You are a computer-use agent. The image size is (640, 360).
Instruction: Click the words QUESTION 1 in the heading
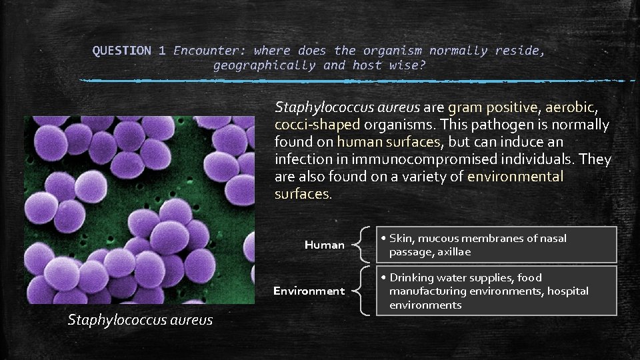[129, 51]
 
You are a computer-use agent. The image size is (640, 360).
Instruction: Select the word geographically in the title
[264, 65]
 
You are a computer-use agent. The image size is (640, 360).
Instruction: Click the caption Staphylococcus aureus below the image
[140, 320]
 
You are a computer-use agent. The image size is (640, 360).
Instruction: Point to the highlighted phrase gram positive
[492, 107]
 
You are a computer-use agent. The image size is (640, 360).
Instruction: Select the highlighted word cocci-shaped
[317, 125]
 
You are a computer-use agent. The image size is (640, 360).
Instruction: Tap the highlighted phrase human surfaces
[388, 142]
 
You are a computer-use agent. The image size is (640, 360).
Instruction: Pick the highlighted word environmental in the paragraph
[515, 177]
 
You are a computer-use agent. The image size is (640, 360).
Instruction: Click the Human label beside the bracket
[325, 245]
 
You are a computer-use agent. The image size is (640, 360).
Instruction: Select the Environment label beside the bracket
[309, 291]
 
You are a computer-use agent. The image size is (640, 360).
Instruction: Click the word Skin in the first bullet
[401, 238]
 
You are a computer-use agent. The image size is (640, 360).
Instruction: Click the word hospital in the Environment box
[567, 291]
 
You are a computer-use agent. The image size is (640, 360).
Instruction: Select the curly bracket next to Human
[363, 244]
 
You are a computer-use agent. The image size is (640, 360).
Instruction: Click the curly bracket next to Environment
[363, 291]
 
